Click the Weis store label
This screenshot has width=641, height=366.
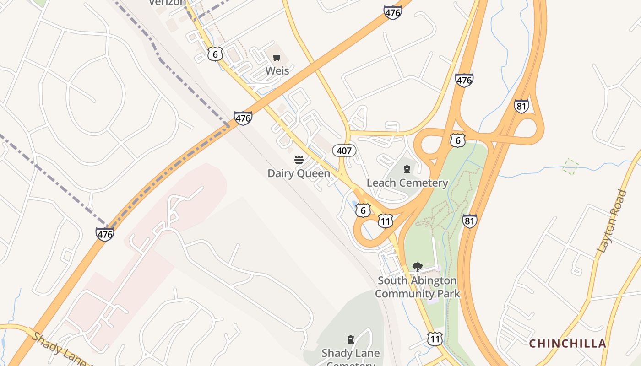click(x=277, y=71)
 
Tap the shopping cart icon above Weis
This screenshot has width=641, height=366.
click(x=277, y=58)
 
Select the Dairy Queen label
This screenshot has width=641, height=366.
click(x=299, y=173)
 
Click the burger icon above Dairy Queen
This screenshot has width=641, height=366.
click(x=299, y=160)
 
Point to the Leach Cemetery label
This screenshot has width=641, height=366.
click(x=407, y=183)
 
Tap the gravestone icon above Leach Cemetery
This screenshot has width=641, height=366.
click(x=407, y=170)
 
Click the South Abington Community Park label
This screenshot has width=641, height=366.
click(x=417, y=287)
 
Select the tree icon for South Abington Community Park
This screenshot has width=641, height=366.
click(x=417, y=267)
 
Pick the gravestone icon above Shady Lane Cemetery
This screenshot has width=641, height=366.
click(x=351, y=339)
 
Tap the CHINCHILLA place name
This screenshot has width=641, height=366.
click(x=567, y=344)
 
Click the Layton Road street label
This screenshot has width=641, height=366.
click(x=612, y=222)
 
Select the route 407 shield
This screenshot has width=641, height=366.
click(x=344, y=151)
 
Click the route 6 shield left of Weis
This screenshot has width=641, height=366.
click(x=215, y=54)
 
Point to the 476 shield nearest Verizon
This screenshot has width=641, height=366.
click(x=392, y=13)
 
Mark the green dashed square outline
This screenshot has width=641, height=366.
click(x=570, y=166)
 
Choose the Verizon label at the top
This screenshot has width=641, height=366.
click(x=168, y=2)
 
